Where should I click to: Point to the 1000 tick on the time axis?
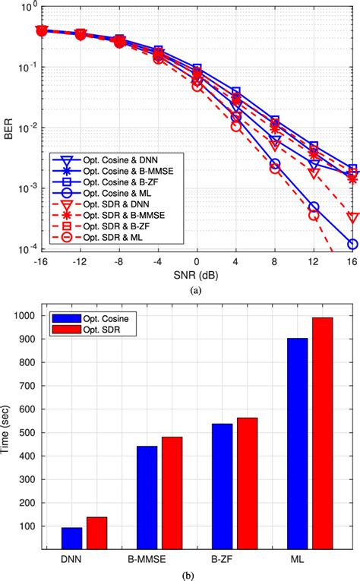click(30, 316)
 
